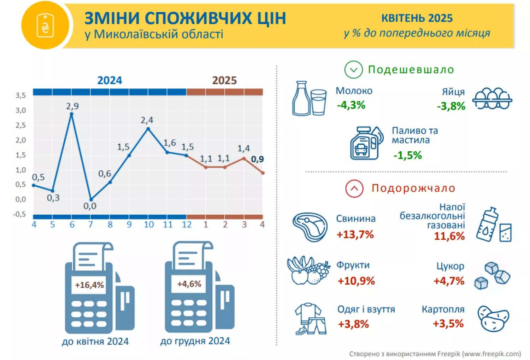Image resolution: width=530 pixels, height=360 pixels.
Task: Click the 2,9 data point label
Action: pyautogui.click(x=72, y=106)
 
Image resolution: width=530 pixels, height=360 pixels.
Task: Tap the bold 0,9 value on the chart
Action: pyautogui.click(x=257, y=159)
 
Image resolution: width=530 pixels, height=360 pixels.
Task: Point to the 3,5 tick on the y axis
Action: pyautogui.click(x=20, y=95)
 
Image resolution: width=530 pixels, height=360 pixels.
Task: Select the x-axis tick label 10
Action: pyautogui.click(x=149, y=225)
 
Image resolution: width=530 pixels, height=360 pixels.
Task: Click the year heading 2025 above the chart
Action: pyautogui.click(x=224, y=80)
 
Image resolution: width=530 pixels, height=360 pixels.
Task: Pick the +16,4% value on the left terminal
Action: pyautogui.click(x=89, y=285)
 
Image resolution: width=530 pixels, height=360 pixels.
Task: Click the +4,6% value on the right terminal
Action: pyautogui.click(x=189, y=284)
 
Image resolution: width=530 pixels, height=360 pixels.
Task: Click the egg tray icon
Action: pyautogui.click(x=492, y=98)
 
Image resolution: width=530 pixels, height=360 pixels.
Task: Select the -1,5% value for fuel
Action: pyautogui.click(x=408, y=155)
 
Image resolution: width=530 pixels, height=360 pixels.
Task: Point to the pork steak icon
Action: pyautogui.click(x=310, y=227)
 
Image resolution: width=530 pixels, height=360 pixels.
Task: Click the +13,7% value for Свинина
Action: pyautogui.click(x=355, y=234)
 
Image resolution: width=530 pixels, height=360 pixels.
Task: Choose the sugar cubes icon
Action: pyautogui.click(x=492, y=276)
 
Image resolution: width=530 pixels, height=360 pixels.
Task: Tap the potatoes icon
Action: pyautogui.click(x=493, y=318)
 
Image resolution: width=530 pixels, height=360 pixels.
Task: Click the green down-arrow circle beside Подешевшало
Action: pyautogui.click(x=353, y=70)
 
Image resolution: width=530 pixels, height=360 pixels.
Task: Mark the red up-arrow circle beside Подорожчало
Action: pyautogui.click(x=354, y=188)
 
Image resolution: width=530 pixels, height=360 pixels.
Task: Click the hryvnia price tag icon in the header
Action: pyautogui.click(x=45, y=25)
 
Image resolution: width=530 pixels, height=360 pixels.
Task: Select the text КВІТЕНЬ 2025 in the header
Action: pyautogui.click(x=417, y=18)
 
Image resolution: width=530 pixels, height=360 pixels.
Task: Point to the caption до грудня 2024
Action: pyautogui.click(x=195, y=341)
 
